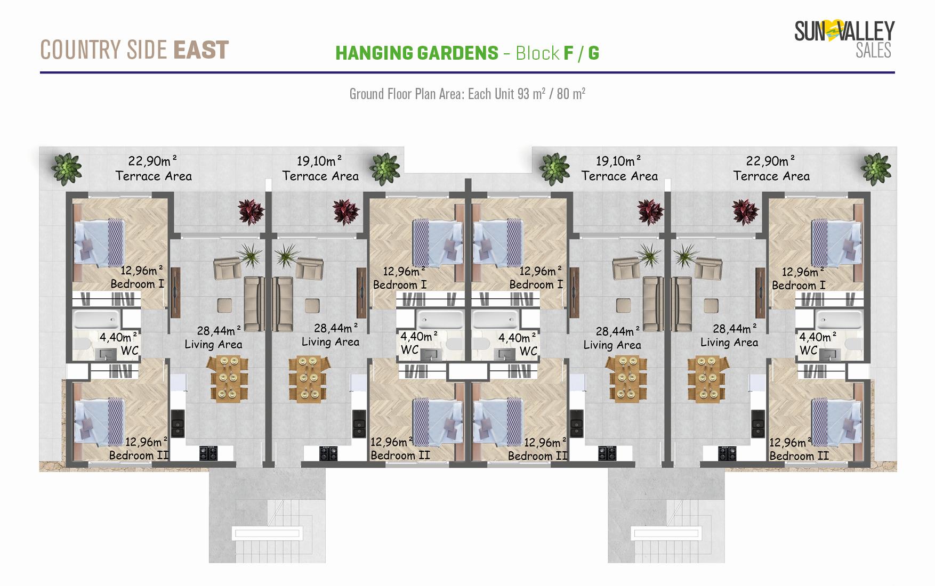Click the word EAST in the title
(201, 50)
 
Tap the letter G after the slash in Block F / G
(593, 53)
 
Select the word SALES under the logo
(873, 51)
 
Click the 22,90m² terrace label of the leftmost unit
(152, 160)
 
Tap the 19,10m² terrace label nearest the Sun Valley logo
(618, 160)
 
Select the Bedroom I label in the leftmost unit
(137, 284)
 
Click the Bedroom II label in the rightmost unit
(799, 456)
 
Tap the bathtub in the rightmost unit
(839, 320)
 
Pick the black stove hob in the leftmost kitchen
(208, 453)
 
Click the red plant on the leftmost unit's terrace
(251, 211)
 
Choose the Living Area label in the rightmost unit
(729, 343)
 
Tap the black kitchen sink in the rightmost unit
(756, 424)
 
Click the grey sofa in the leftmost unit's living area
(254, 304)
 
